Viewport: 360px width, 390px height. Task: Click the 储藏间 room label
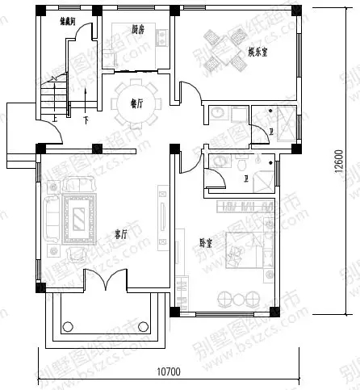[x=68, y=22]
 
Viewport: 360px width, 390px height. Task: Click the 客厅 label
[x=121, y=234]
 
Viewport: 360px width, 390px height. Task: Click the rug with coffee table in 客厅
[x=79, y=216]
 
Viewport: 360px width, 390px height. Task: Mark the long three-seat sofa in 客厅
[x=50, y=218]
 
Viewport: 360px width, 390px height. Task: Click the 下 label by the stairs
[x=85, y=120]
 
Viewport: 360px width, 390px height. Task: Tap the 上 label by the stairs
[x=53, y=120]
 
